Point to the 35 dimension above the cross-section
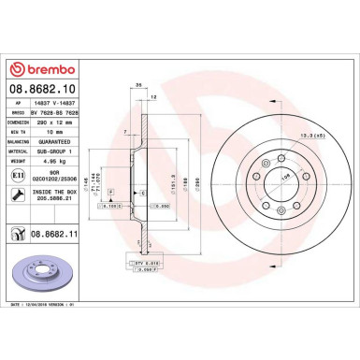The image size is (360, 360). (137, 85)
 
